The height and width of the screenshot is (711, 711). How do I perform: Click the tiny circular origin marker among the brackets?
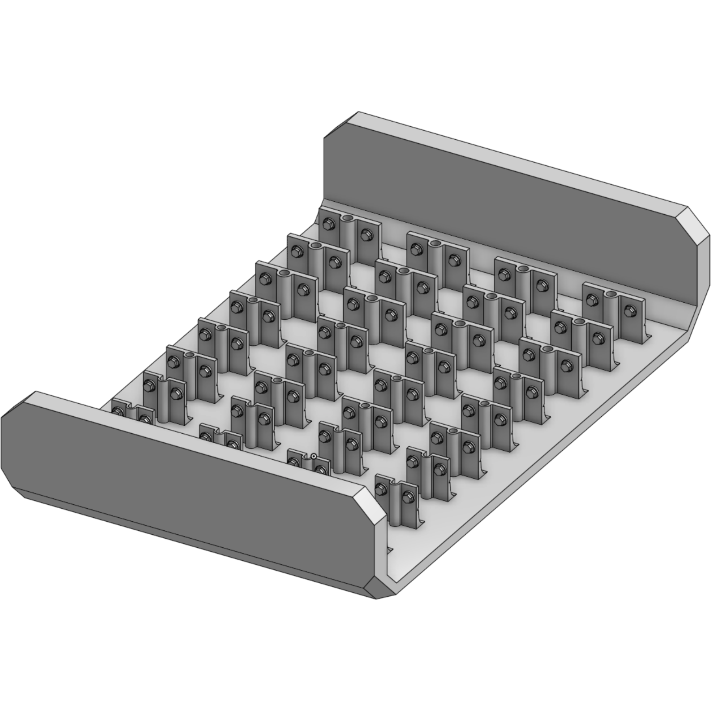click(314, 457)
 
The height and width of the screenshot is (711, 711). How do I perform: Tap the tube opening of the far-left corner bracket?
click(348, 218)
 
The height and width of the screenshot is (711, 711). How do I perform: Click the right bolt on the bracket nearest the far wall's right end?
click(629, 311)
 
